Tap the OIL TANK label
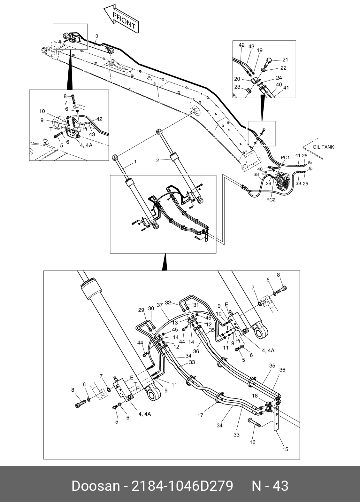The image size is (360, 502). point(323,147)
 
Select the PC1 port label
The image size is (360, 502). point(285,158)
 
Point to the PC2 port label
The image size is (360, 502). point(271,200)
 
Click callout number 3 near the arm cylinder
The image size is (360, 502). point(97,36)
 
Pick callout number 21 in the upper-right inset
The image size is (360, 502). point(285,59)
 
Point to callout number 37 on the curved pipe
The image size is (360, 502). point(160,305)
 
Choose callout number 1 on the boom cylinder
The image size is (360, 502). point(135,161)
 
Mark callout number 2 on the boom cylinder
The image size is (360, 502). point(157,161)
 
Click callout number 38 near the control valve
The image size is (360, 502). point(256,174)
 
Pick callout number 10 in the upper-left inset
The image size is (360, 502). point(42,111)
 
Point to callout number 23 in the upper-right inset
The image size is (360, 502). point(237,87)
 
